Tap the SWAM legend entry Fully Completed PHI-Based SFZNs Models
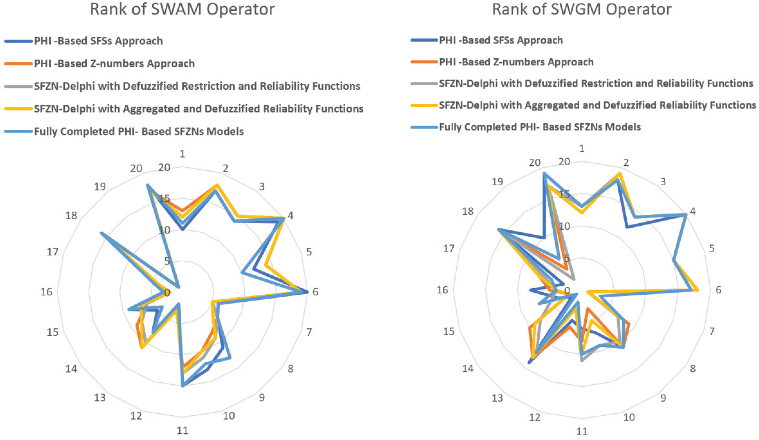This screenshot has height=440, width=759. (139, 131)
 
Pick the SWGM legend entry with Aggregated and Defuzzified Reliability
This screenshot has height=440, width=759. (597, 105)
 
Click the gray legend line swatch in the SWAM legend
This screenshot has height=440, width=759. (18, 86)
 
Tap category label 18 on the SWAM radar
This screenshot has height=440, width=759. (72, 216)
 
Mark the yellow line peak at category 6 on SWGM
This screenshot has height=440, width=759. (698, 290)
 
